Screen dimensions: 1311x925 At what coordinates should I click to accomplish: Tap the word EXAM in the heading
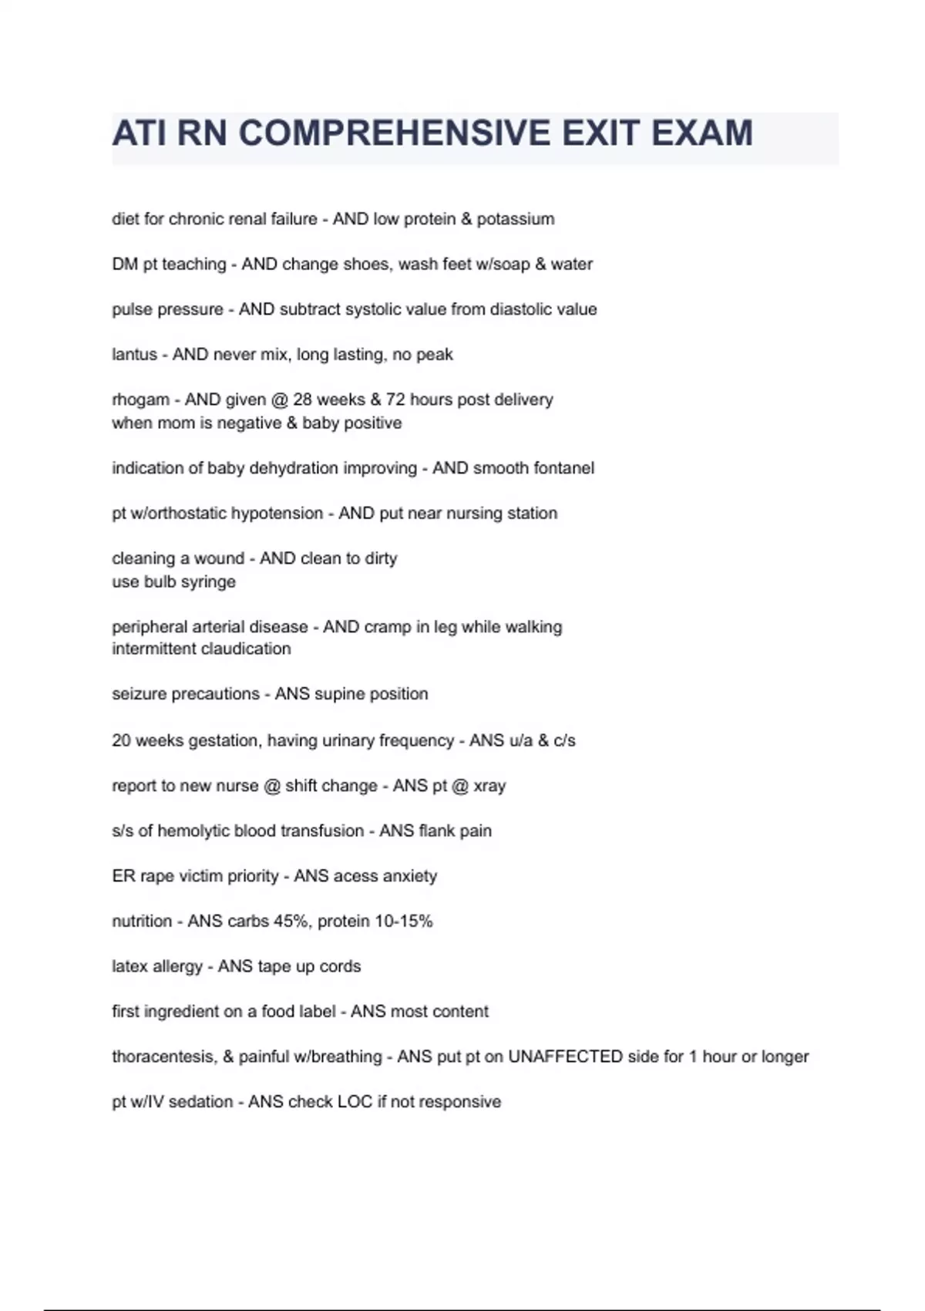pos(701,133)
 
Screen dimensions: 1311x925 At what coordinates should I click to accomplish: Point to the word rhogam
pos(140,400)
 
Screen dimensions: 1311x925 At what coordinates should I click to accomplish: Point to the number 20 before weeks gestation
pos(122,741)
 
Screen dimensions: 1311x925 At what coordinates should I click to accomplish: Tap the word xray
pos(489,786)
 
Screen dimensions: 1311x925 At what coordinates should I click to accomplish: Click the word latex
pos(129,966)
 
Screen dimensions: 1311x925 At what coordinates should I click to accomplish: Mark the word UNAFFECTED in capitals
pos(564,1057)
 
